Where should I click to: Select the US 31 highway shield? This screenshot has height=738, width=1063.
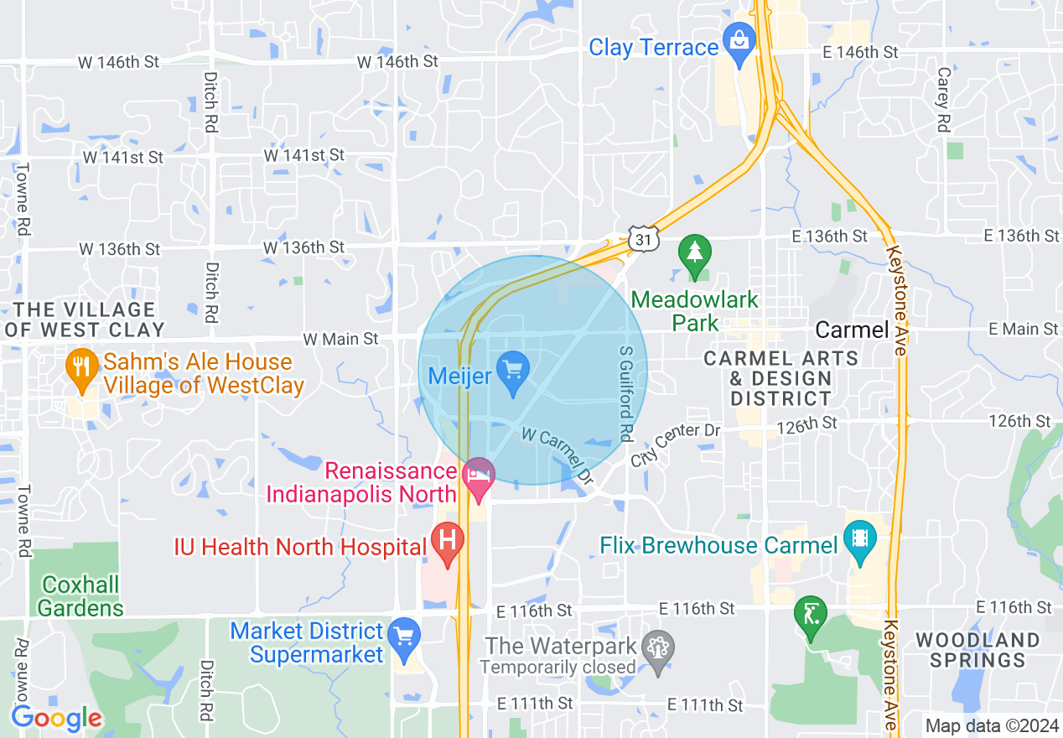click(x=645, y=239)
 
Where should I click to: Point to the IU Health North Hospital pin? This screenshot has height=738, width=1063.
click(x=448, y=543)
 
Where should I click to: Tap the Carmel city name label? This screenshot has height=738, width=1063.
click(x=852, y=330)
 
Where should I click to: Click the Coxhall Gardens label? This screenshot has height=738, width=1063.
click(x=80, y=596)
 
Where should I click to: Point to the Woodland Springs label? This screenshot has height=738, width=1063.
click(x=977, y=650)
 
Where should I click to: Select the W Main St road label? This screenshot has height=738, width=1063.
click(x=340, y=339)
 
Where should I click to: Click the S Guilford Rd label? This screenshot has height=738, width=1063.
click(x=625, y=394)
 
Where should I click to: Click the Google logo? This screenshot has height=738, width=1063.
click(x=56, y=718)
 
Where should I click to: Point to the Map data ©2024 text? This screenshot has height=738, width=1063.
click(x=990, y=725)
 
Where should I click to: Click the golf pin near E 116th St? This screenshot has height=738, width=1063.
click(x=811, y=616)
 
